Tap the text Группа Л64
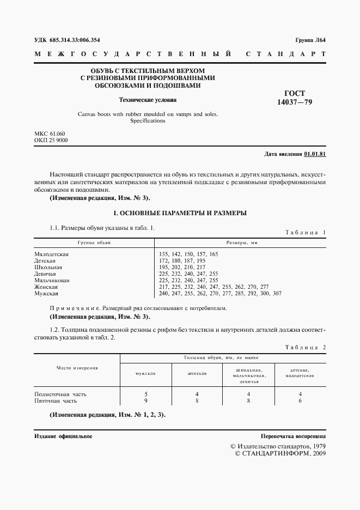tap(310, 40)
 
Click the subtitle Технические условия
tap(148, 100)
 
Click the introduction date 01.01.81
tap(315, 154)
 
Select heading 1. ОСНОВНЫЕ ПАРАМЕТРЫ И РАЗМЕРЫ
tap(179, 212)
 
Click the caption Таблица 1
tap(305, 232)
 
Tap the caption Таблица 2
tap(305, 347)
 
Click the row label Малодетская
tap(52, 254)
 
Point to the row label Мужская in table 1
tap(47, 294)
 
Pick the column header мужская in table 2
tap(146, 374)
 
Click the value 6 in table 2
tap(300, 400)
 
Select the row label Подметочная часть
tap(60, 393)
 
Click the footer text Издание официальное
tap(63, 436)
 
